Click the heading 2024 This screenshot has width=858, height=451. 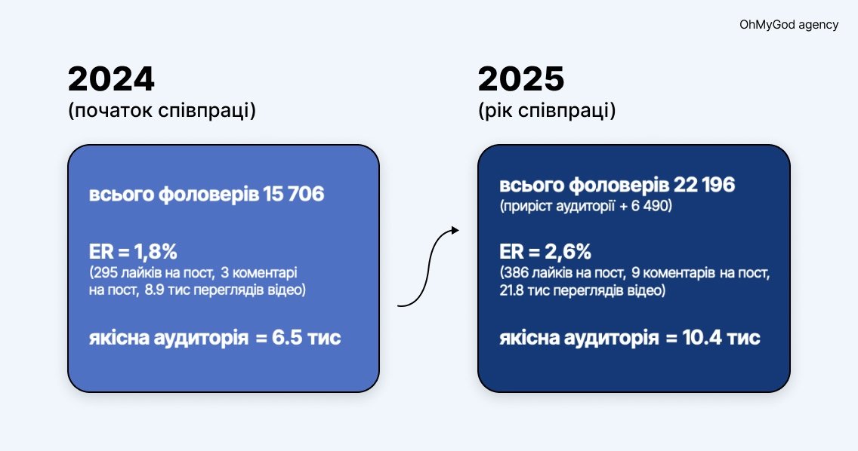[111, 79]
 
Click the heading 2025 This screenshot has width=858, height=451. [521, 79]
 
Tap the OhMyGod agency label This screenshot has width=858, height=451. [789, 25]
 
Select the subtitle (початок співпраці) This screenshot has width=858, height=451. [162, 111]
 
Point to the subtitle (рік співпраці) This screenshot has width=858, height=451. [547, 111]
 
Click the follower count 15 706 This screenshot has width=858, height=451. [293, 194]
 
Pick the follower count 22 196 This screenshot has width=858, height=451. [704, 186]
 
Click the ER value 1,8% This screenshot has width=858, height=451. [156, 252]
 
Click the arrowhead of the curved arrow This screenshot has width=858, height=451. [455, 230]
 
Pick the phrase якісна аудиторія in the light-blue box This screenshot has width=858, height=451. [168, 338]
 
